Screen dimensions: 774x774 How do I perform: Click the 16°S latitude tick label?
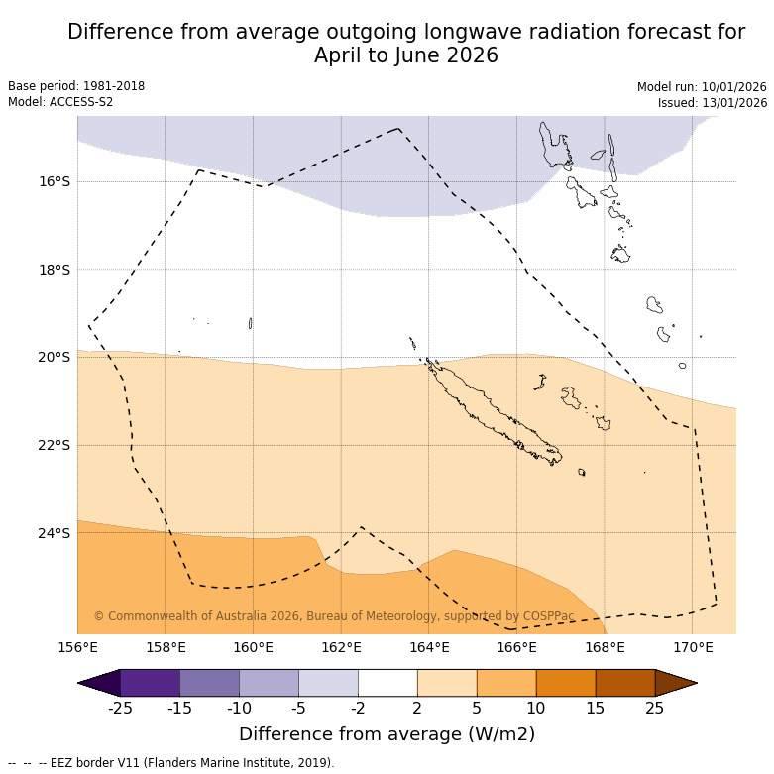pyautogui.click(x=55, y=181)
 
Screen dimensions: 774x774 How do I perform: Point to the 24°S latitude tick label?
pyautogui.click(x=55, y=533)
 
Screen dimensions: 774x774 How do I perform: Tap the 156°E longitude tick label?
pyautogui.click(x=77, y=648)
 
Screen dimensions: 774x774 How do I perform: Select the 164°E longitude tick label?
pyautogui.click(x=429, y=648)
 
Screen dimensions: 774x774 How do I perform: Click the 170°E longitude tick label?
pyautogui.click(x=693, y=648)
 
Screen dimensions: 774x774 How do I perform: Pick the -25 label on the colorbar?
pyautogui.click(x=120, y=708)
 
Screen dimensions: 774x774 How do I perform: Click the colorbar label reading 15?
pyautogui.click(x=595, y=708)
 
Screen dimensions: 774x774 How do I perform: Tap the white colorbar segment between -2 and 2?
pyautogui.click(x=387, y=683)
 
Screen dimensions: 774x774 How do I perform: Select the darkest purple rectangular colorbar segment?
pyautogui.click(x=150, y=683)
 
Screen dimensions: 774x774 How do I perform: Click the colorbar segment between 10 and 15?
pyautogui.click(x=565, y=683)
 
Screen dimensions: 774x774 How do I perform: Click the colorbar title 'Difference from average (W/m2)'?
pyautogui.click(x=387, y=734)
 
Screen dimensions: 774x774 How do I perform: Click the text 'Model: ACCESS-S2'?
pyautogui.click(x=60, y=102)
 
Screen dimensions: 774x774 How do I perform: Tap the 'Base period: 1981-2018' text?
pyautogui.click(x=76, y=86)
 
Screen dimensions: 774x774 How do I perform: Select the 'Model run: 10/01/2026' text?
pyautogui.click(x=702, y=86)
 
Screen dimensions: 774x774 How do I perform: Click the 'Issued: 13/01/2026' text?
pyautogui.click(x=713, y=102)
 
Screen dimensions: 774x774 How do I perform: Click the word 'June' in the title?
pyautogui.click(x=419, y=55)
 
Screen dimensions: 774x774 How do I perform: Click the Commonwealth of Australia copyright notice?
pyautogui.click(x=334, y=616)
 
